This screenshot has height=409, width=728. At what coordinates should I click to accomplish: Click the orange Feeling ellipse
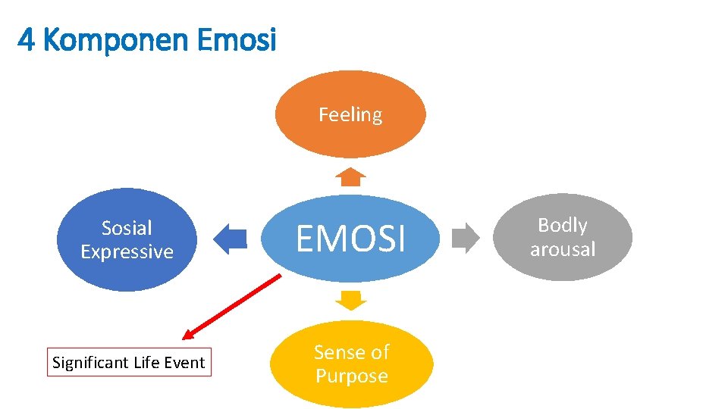pos(350,114)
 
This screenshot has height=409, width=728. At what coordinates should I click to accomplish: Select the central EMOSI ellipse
pos(350,239)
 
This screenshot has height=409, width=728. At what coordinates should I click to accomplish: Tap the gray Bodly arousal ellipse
pos(563,237)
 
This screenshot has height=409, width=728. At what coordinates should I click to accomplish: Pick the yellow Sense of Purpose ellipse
pos(351,364)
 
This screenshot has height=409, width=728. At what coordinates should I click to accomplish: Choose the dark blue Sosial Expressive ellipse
pos(127,239)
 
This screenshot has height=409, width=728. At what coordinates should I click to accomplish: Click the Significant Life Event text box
pos(128,363)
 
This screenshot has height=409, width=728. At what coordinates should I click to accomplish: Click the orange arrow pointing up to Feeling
pos(350,177)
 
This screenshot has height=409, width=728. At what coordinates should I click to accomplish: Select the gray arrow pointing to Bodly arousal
pos(466,237)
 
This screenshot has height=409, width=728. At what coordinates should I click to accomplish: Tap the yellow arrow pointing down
pos(350,300)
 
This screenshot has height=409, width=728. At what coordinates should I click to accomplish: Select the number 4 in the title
pos(26,40)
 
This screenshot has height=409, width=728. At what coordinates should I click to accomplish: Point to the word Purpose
pos(351,376)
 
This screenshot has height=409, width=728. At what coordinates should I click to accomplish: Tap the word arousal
pos(563,249)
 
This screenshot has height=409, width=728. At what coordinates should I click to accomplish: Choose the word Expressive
pos(127,252)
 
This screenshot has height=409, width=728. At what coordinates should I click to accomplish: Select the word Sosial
pos(127,228)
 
